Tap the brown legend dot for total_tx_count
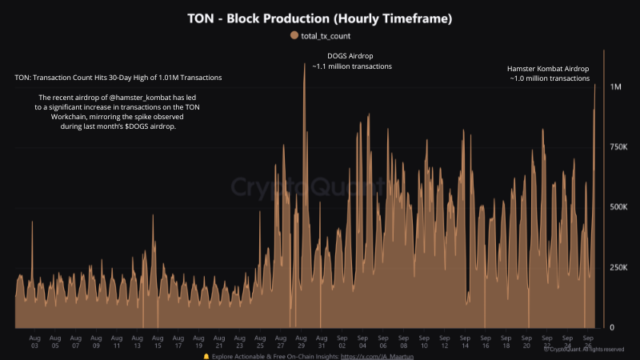pyautogui.click(x=294, y=35)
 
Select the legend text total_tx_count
pyautogui.click(x=326, y=35)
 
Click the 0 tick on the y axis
pyautogui.click(x=613, y=328)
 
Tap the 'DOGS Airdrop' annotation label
pyautogui.click(x=350, y=56)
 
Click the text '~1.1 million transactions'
pyautogui.click(x=351, y=66)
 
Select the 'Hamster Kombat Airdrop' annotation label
pyautogui.click(x=549, y=68)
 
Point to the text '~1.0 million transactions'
pyautogui.click(x=550, y=79)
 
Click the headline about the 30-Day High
pyautogui.click(x=118, y=78)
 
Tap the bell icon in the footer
pyautogui.click(x=206, y=355)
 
